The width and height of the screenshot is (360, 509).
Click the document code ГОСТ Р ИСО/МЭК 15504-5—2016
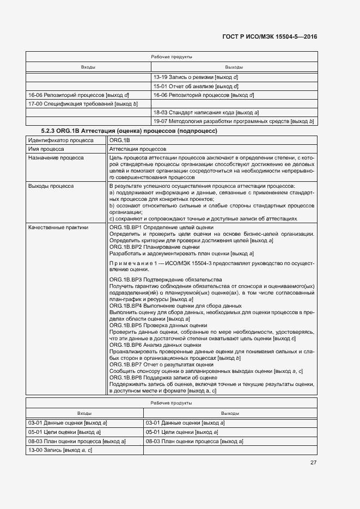[x=270, y=36]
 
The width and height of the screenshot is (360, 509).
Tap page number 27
[x=313, y=463]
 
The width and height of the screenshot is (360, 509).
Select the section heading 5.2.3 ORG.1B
[x=129, y=131]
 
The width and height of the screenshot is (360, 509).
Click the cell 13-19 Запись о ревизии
[x=196, y=77]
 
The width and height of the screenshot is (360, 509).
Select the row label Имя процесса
[x=46, y=149]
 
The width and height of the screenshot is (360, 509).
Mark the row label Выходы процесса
[x=51, y=186]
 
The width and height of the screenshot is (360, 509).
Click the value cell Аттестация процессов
[x=138, y=149]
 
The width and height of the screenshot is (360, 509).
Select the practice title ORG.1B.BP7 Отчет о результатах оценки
[x=161, y=365]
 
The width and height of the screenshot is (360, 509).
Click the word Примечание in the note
[x=132, y=263]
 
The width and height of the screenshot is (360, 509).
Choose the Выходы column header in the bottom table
[x=230, y=413]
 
